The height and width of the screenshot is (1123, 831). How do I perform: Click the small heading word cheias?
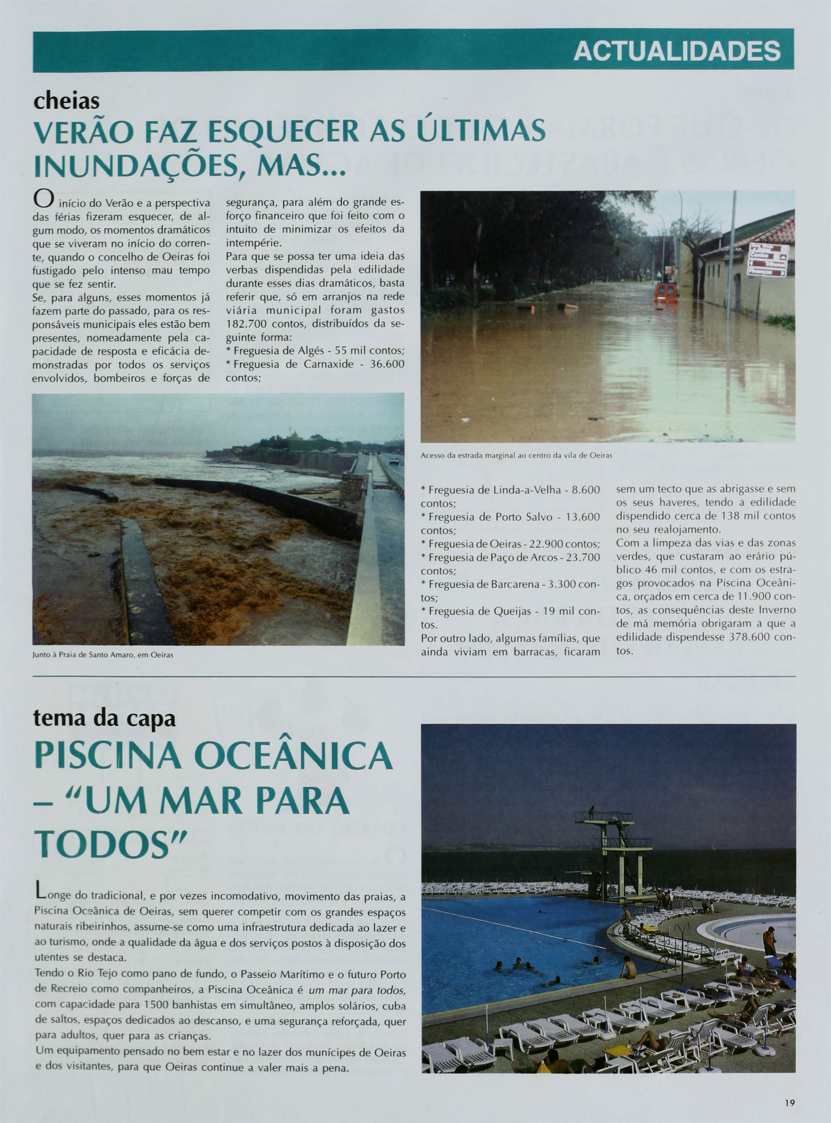pyautogui.click(x=67, y=101)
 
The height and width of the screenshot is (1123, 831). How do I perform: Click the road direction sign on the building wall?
pyautogui.click(x=767, y=260)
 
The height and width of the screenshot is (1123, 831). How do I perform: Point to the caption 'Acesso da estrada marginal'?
pyautogui.click(x=516, y=456)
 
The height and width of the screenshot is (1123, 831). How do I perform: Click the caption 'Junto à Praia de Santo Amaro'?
pyautogui.click(x=103, y=655)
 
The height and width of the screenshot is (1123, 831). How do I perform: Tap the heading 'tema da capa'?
pyautogui.click(x=104, y=718)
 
